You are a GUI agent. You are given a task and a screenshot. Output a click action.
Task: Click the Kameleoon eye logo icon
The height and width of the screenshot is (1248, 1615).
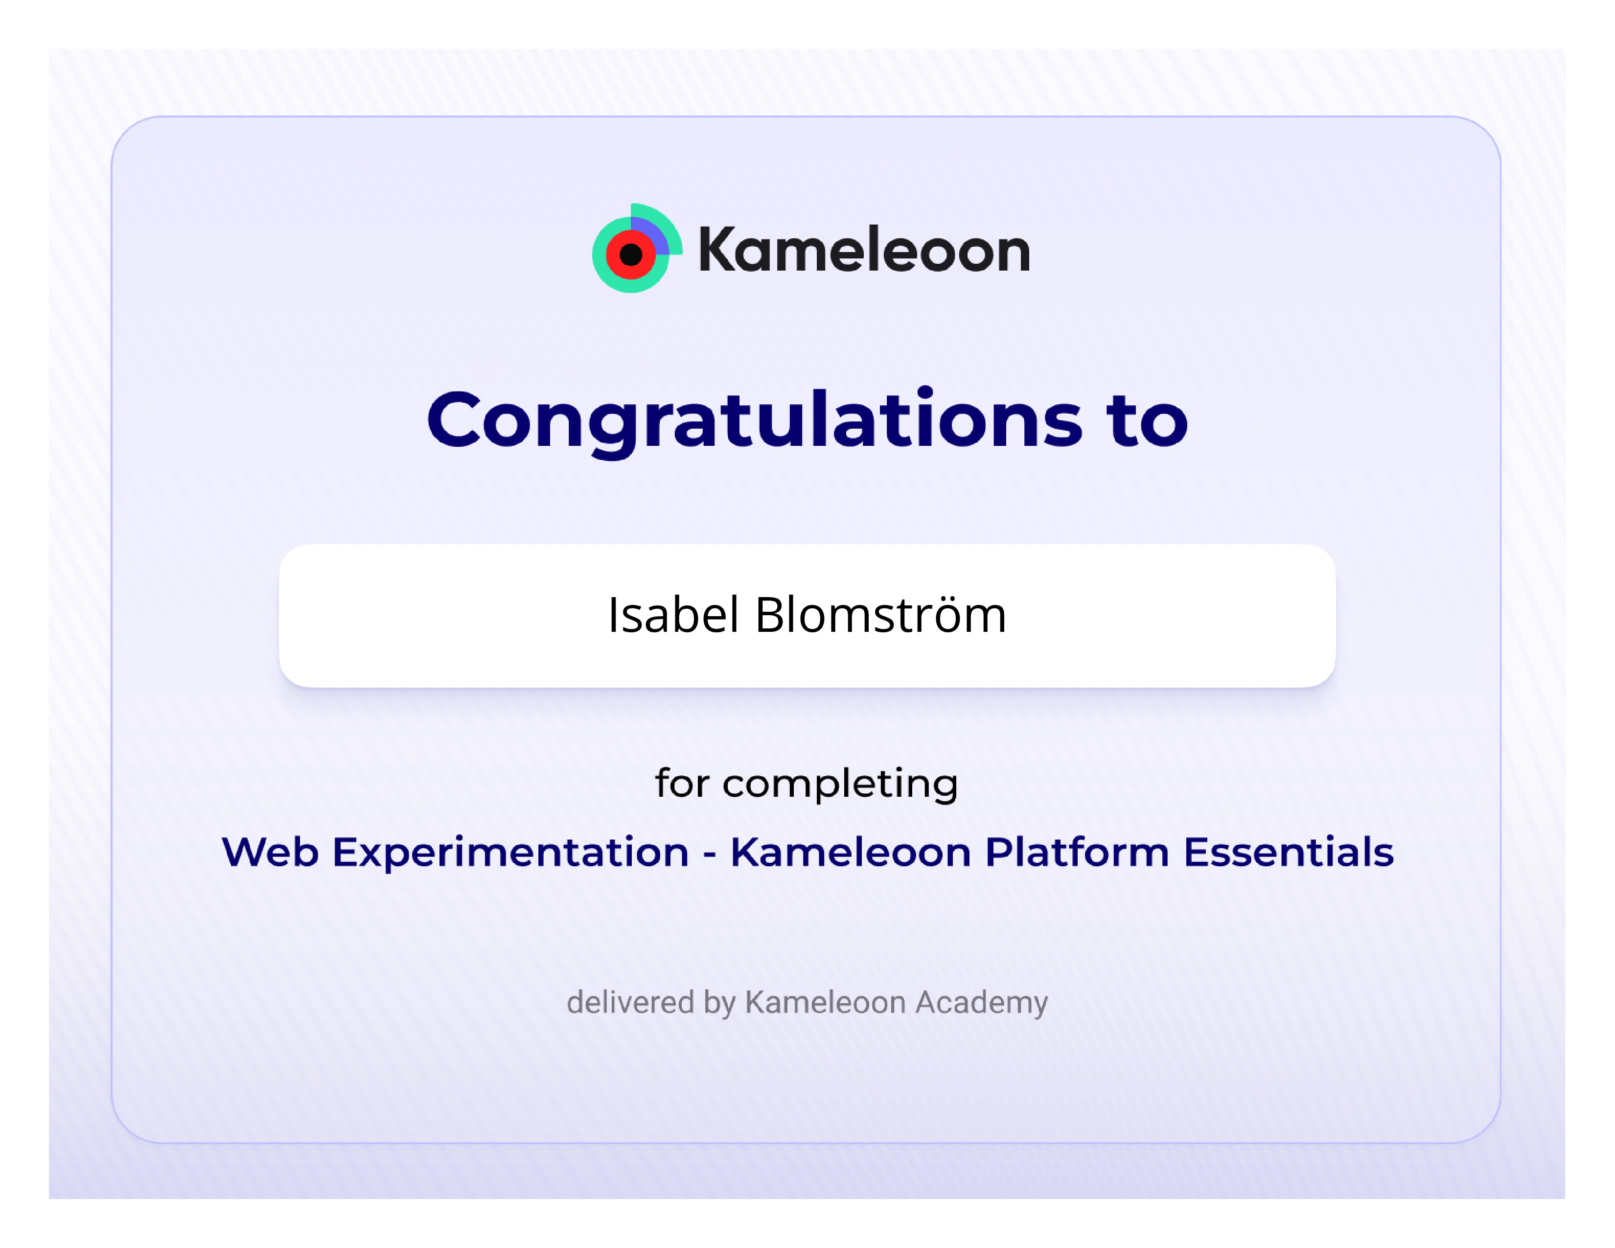pos(636,249)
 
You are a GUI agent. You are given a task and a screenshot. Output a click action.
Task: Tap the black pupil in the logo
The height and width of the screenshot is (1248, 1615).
pos(631,255)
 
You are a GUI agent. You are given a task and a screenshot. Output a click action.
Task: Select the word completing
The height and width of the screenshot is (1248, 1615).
pos(840,785)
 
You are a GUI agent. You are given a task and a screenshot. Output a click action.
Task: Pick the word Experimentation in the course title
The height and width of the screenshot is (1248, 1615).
pos(510,853)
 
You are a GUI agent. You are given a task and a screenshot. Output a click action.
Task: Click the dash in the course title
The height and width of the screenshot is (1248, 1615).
pos(710,856)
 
